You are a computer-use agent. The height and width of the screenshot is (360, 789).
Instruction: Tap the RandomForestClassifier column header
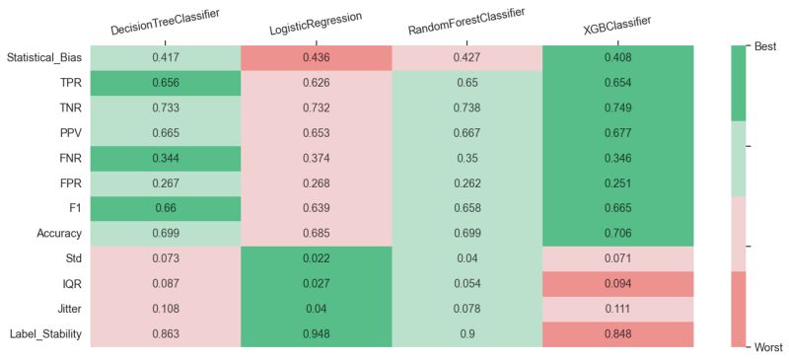[466, 22]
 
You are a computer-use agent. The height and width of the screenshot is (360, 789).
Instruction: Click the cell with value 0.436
[317, 58]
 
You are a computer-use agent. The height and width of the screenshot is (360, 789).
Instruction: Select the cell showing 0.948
[317, 334]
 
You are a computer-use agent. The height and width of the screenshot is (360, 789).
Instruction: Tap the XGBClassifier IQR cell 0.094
[617, 284]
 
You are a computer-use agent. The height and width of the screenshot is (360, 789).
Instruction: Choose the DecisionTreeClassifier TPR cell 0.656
[166, 83]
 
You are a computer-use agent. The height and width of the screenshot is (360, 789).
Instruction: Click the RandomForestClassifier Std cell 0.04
[466, 259]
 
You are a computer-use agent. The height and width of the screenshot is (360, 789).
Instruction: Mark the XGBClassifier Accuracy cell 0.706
[617, 234]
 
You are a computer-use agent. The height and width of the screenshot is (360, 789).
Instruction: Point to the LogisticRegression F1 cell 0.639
[317, 209]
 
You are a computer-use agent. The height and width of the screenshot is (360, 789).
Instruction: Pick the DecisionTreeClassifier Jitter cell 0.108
[166, 310]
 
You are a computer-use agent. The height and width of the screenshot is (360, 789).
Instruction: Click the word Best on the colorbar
[765, 46]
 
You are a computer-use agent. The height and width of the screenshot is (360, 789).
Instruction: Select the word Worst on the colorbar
[767, 347]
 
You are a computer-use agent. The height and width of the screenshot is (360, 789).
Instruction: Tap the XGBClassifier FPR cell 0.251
[617, 183]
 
